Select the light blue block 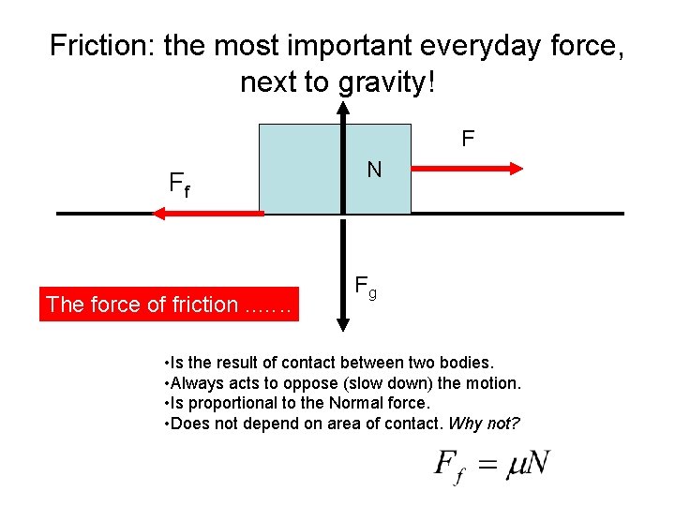coord(300,170)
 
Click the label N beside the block coord(374,170)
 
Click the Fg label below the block coord(366,288)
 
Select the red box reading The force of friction coord(169,304)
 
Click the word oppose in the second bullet coord(319,382)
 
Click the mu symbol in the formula coord(517,466)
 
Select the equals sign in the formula coord(487,466)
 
